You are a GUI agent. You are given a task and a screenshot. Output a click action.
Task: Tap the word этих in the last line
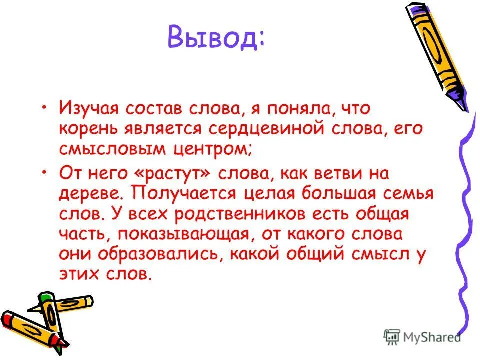coord(79,275)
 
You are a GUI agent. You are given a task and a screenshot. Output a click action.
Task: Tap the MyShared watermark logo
coord(422,337)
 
